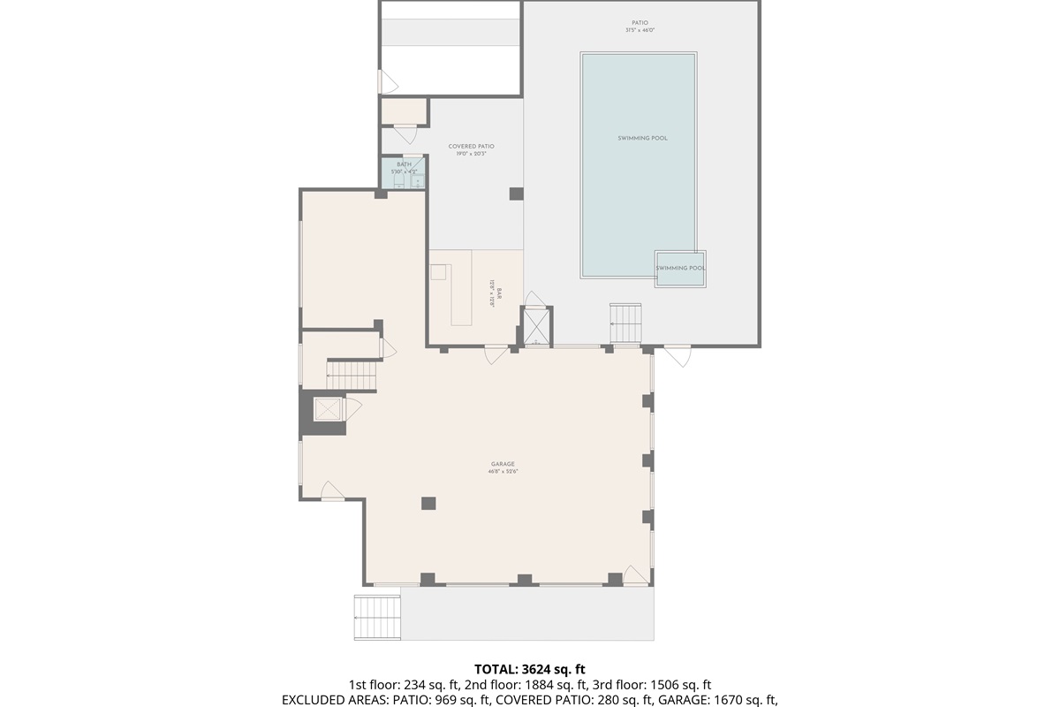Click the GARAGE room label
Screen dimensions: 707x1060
503,464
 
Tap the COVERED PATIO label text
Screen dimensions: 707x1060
471,147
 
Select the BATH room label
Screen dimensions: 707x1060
404,164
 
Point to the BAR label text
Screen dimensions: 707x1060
499,293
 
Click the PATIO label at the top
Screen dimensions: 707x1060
640,23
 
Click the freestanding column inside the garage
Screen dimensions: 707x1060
428,503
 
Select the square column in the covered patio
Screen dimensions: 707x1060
516,194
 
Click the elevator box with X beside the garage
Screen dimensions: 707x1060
328,410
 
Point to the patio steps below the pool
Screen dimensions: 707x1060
626,323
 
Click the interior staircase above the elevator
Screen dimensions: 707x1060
352,374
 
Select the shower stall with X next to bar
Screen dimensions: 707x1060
536,325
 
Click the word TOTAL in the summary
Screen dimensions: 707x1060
492,668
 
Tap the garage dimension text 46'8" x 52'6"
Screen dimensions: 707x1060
503,472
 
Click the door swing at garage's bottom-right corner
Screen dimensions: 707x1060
635,574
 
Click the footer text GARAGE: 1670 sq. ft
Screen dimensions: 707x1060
712,699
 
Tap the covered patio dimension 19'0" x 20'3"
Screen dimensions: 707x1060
471,155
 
